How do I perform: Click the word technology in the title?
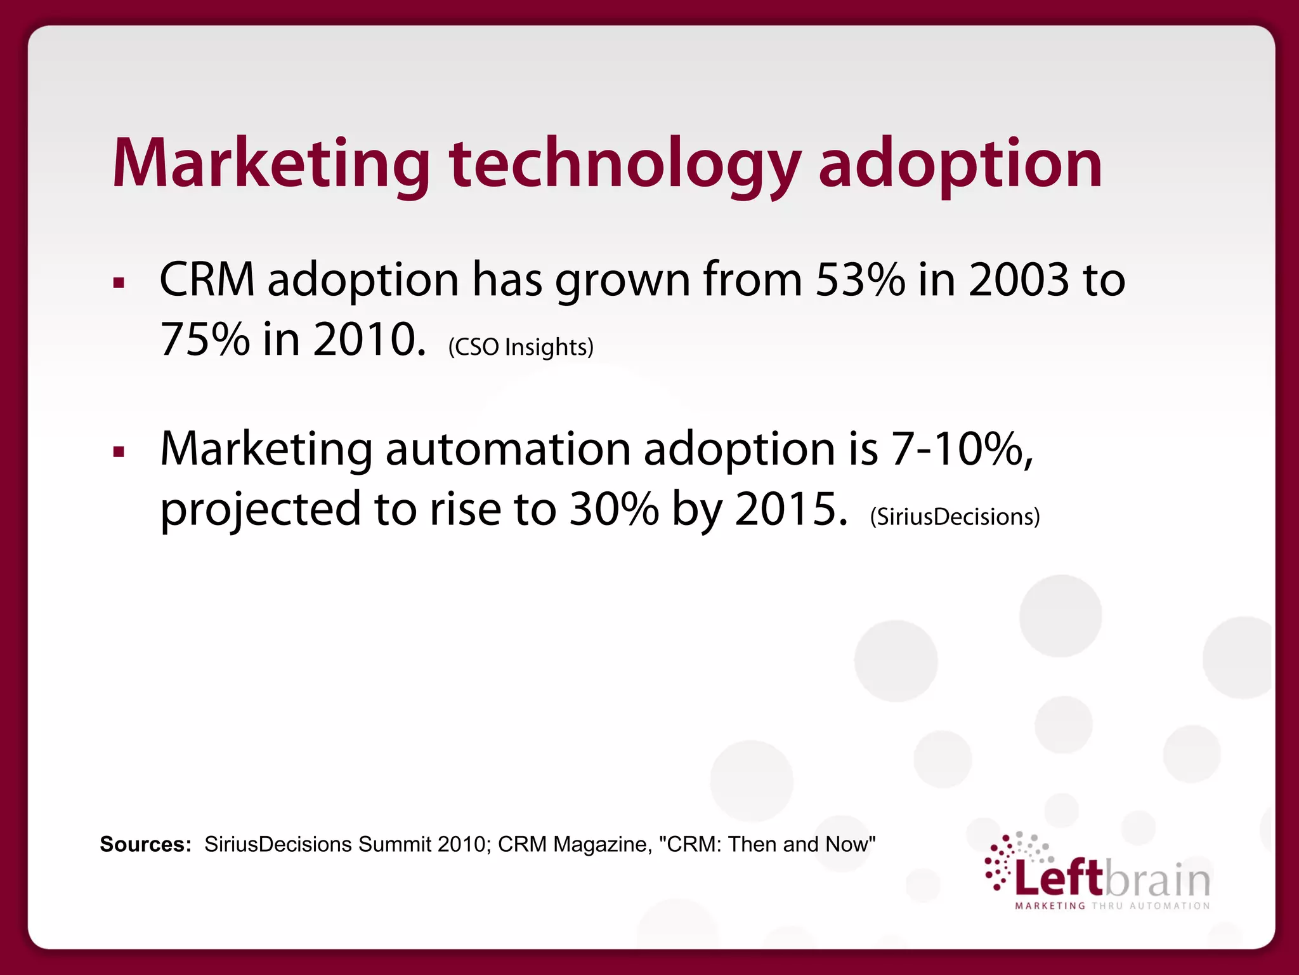pos(625,165)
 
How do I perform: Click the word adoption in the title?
pos(960,165)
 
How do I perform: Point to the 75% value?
pos(204,339)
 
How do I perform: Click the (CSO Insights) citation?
pos(521,347)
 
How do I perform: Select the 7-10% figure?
pos(962,449)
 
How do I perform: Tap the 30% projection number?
pos(613,509)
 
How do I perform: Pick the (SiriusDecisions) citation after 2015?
pos(955,517)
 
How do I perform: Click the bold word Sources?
pos(145,844)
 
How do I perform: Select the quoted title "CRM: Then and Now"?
pos(767,844)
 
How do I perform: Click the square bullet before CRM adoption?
pos(119,283)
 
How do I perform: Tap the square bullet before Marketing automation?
pos(119,453)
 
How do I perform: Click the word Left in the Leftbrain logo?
pos(1059,879)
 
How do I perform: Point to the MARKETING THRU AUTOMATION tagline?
pos(1113,906)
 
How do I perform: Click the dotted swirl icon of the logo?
pos(1009,860)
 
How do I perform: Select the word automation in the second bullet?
pos(507,449)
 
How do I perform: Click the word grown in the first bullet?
pos(622,281)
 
